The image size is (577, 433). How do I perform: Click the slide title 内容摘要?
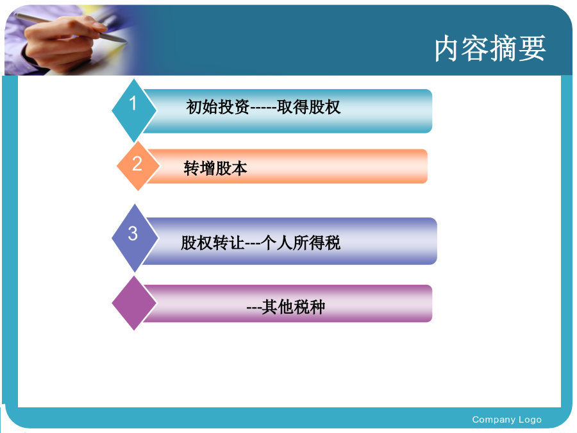[490, 48]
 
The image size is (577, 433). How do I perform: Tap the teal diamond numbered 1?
[135, 110]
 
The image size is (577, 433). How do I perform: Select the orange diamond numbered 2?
[138, 166]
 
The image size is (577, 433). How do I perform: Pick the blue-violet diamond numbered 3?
[135, 238]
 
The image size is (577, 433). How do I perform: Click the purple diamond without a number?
[135, 303]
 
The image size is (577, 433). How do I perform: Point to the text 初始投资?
[218, 107]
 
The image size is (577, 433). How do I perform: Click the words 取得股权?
[309, 107]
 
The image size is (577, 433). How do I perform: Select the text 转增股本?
[215, 168]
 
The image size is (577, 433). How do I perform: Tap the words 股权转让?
[213, 243]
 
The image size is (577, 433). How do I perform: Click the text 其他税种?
[294, 307]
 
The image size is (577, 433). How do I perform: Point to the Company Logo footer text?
[506, 420]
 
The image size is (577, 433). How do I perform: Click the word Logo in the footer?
[530, 420]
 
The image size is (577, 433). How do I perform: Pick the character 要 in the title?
[533, 49]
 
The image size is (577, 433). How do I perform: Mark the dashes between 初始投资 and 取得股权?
[263, 108]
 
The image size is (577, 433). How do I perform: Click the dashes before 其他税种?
[254, 308]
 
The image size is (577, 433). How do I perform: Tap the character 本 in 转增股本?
[240, 168]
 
